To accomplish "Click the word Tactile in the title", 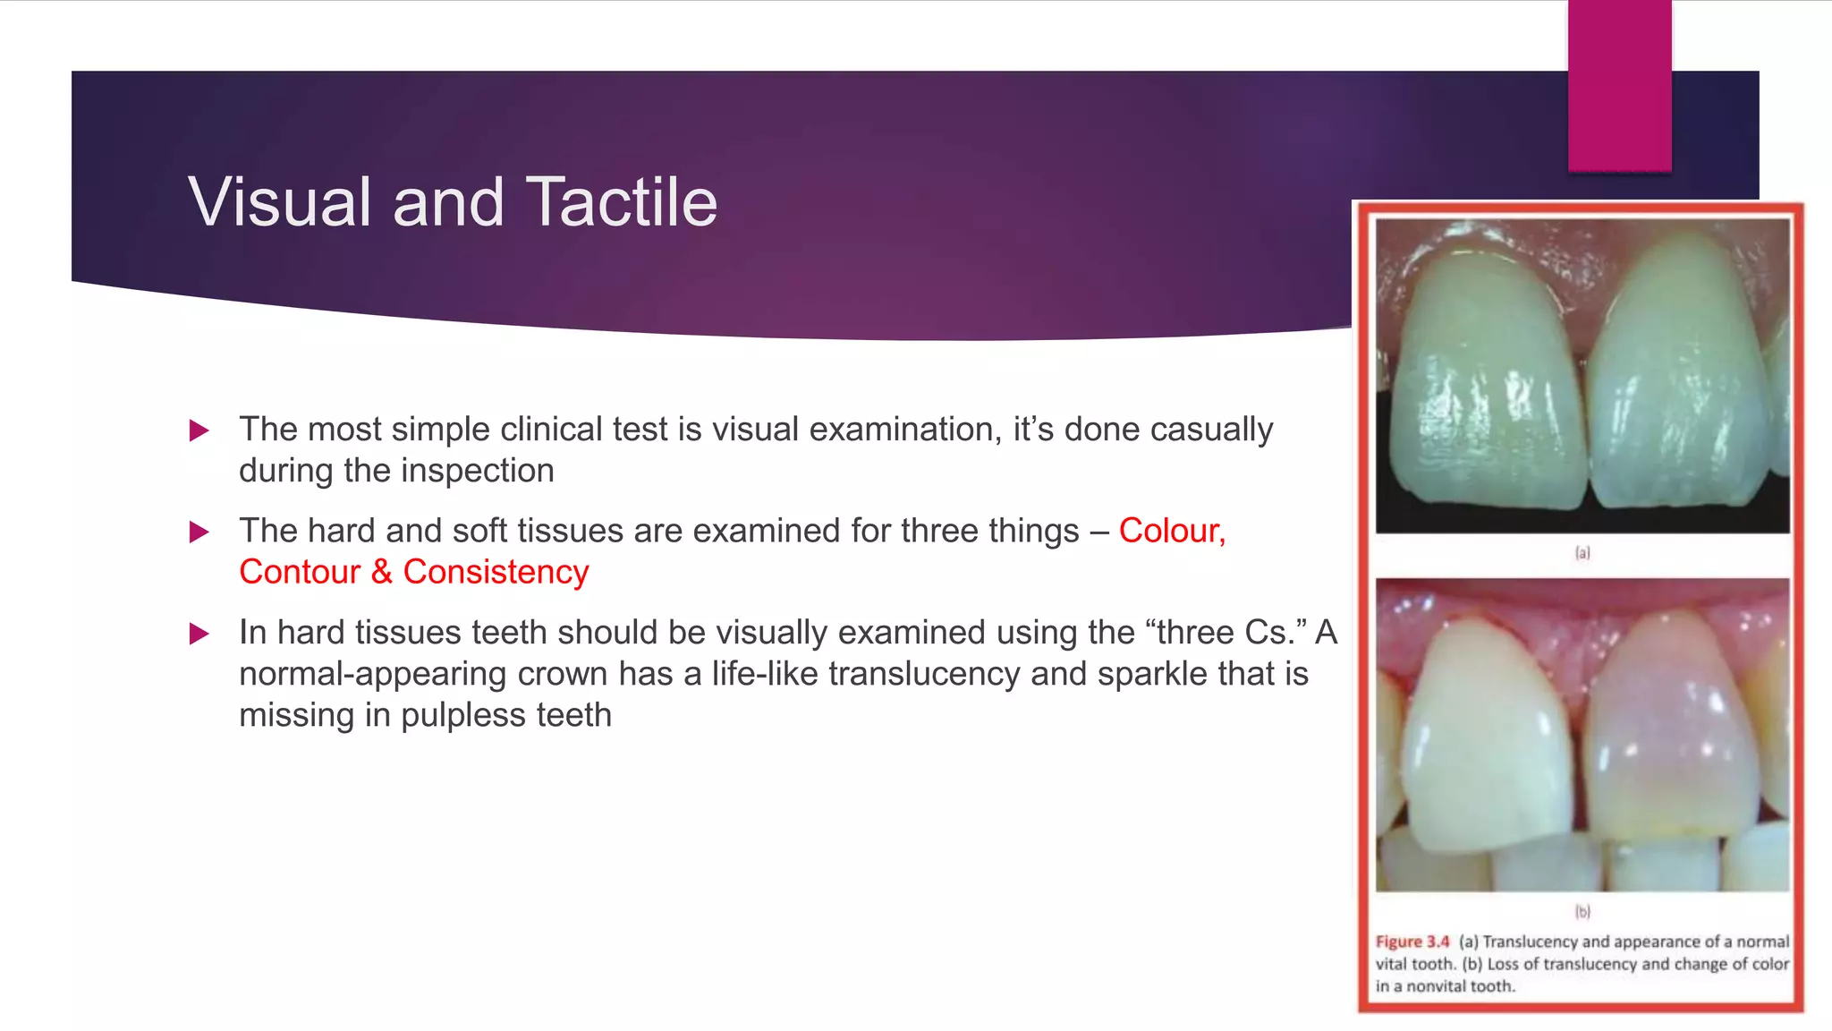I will coord(621,202).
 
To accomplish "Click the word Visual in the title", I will coord(279,202).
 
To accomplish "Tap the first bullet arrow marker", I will coord(199,430).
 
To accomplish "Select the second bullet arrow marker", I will coord(199,533).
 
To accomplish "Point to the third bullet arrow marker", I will coord(199,635).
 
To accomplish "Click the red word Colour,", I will coord(1172,531).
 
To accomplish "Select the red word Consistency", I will coord(496,572).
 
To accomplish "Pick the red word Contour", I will coord(299,572).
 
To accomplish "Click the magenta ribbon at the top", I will coord(1619,85).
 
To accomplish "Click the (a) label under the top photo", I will coord(1582,553).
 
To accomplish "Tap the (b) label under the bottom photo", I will coord(1582,911).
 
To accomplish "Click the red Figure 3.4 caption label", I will coord(1412,942).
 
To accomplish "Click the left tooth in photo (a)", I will coord(1485,385).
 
